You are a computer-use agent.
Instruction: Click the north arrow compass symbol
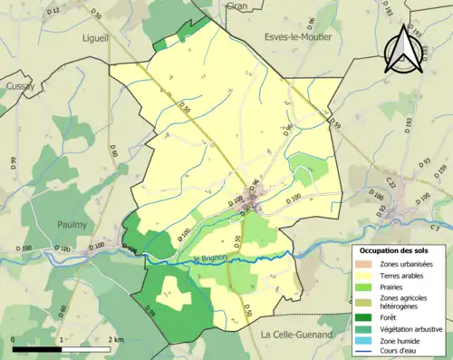[x=405, y=47]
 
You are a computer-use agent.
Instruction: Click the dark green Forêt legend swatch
[x=364, y=317]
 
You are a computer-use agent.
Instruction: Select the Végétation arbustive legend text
[x=410, y=329]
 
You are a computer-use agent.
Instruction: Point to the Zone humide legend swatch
[x=364, y=341]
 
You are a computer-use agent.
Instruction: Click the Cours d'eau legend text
[x=400, y=353]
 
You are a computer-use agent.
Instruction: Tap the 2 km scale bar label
[x=114, y=339]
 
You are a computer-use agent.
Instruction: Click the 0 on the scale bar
[x=14, y=339]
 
